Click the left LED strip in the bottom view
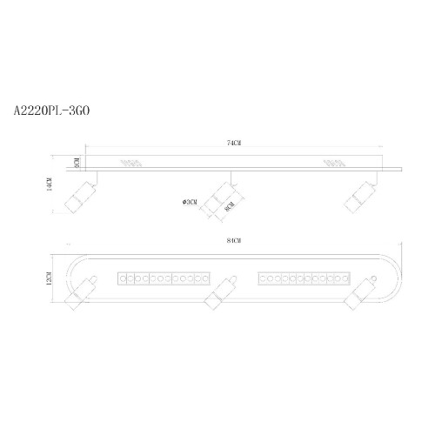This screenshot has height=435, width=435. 163,278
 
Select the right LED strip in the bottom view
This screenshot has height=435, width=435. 304,278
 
